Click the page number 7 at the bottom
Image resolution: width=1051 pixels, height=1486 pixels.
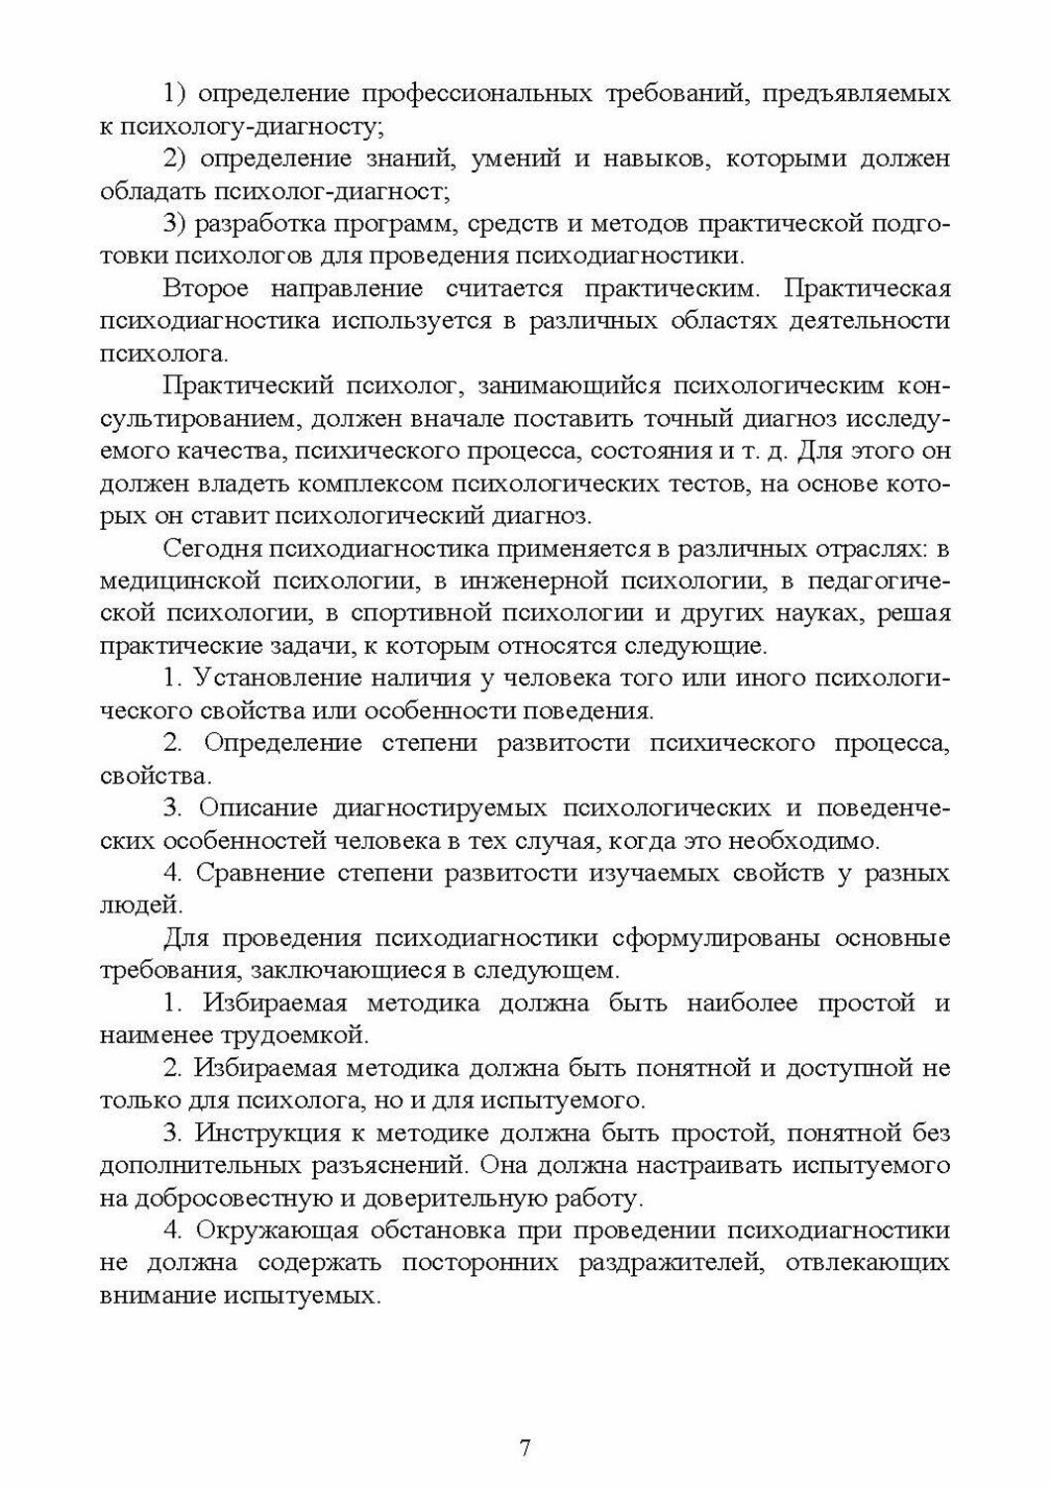(x=525, y=1447)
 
